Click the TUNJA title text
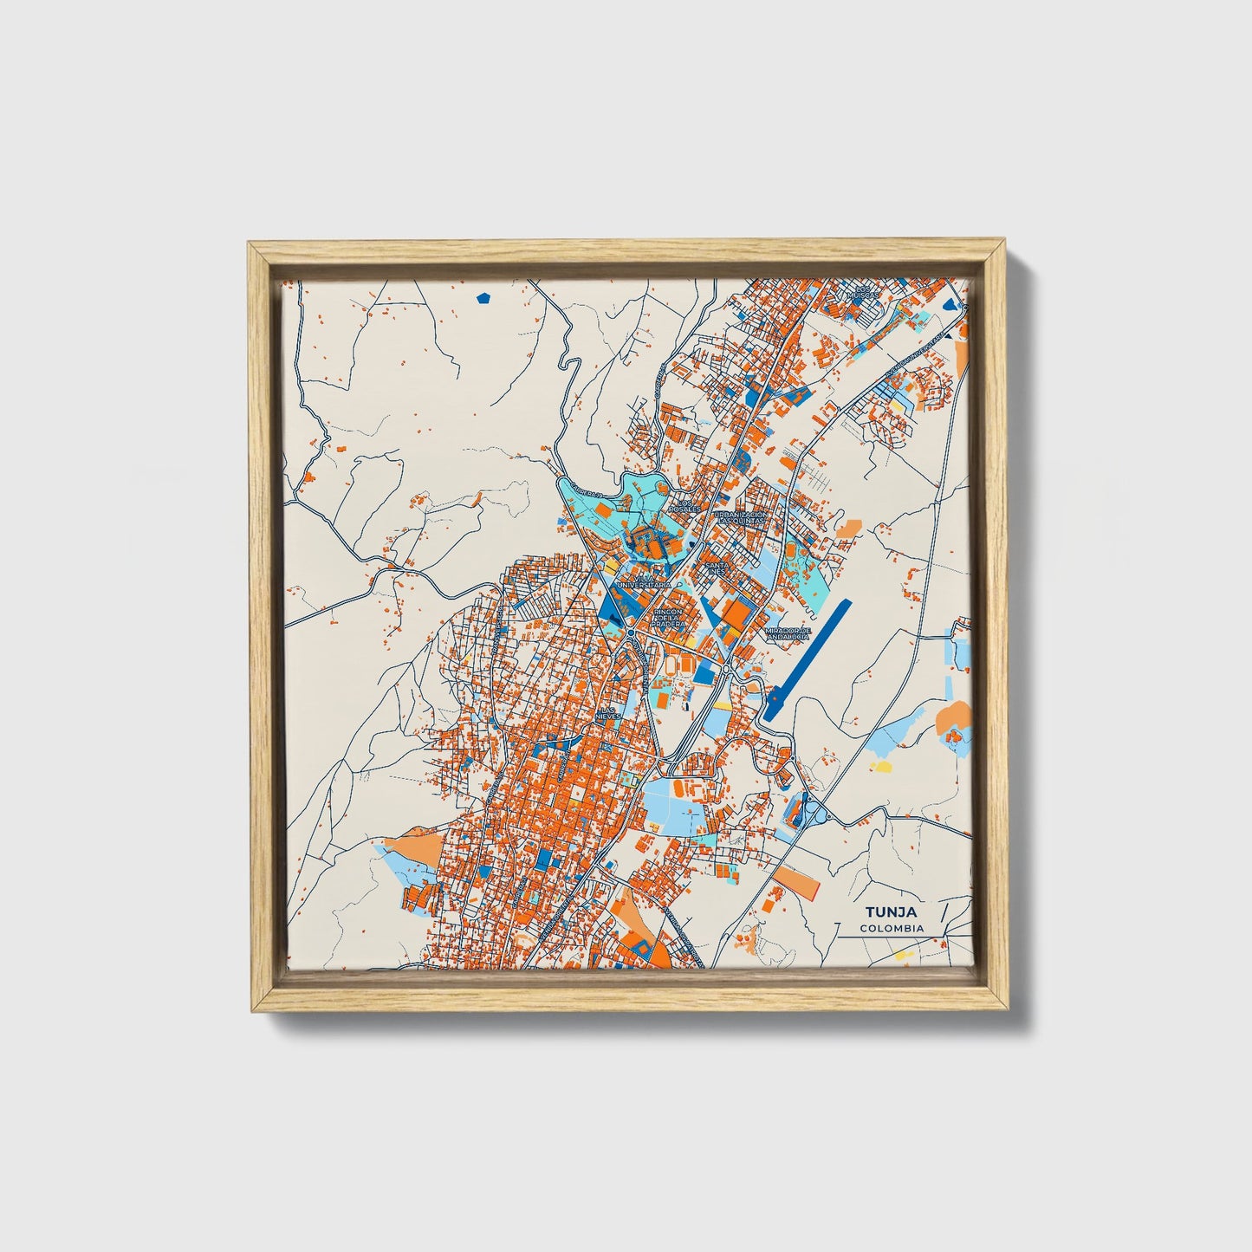click(x=892, y=911)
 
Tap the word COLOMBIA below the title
click(x=892, y=928)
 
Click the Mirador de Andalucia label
click(x=788, y=633)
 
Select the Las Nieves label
click(x=608, y=713)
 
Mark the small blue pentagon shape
click(x=483, y=298)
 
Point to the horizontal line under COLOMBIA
click(x=892, y=937)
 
